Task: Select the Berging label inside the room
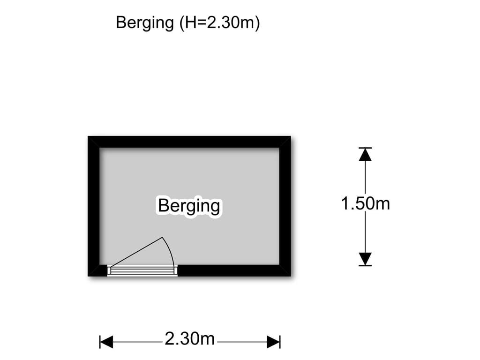189,206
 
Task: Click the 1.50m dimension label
365,203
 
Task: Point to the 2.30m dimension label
190,339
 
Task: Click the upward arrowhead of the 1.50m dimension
365,154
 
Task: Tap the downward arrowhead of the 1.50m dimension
365,259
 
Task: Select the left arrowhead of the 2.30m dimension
106,342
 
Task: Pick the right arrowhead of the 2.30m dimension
273,342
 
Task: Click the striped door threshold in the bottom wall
142,270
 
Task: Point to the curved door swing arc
169,251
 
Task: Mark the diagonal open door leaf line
136,252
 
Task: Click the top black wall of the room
189,142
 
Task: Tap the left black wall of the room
94,206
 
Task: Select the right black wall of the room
285,206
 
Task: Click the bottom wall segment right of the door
234,270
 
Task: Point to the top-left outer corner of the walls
88,136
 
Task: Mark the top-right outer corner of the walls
291,136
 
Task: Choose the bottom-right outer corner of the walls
291,276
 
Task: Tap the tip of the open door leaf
162,238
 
